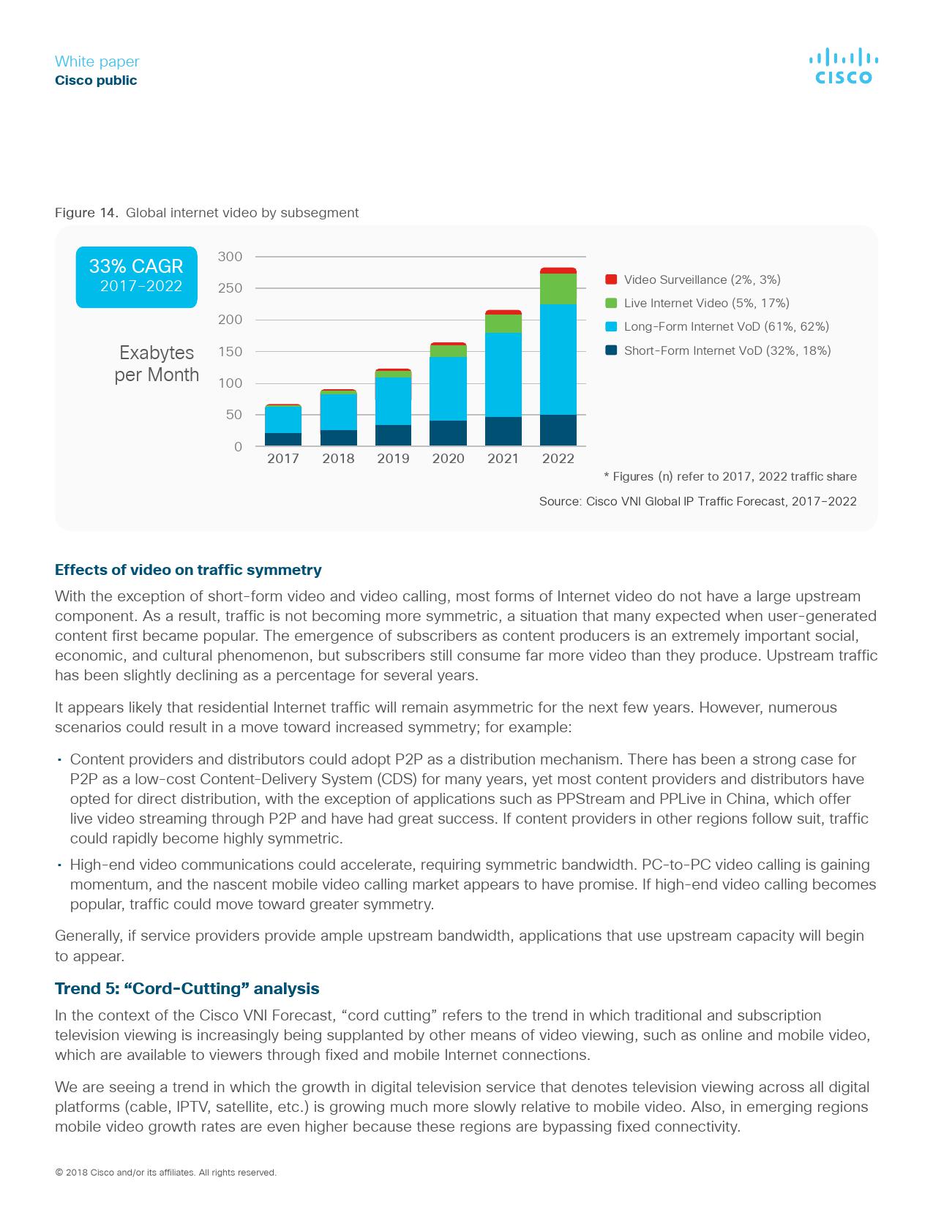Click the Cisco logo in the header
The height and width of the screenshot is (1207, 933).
(x=843, y=67)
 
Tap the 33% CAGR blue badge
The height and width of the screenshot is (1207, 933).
(x=136, y=277)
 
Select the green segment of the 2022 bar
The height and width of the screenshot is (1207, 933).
(x=558, y=289)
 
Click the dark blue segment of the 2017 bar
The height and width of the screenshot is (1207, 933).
(x=283, y=439)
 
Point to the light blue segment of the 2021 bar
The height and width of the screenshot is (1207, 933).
(x=503, y=375)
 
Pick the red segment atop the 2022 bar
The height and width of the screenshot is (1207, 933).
(x=558, y=271)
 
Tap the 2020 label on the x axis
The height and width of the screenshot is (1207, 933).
(x=448, y=459)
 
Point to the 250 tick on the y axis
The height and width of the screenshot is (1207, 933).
(x=230, y=288)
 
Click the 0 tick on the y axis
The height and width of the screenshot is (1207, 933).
(x=238, y=446)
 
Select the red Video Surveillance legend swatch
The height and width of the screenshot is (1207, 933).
(x=611, y=279)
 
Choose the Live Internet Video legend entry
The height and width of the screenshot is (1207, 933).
(x=706, y=303)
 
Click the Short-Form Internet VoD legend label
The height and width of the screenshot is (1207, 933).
(x=727, y=350)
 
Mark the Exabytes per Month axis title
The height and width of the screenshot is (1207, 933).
(x=157, y=364)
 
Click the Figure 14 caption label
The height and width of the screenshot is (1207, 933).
(x=86, y=213)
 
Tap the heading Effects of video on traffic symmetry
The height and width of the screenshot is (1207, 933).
(x=188, y=570)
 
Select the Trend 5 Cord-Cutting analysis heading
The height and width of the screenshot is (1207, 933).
(x=187, y=989)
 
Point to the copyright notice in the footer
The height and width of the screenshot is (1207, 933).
(x=165, y=1173)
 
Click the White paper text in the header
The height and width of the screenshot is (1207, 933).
(x=97, y=61)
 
